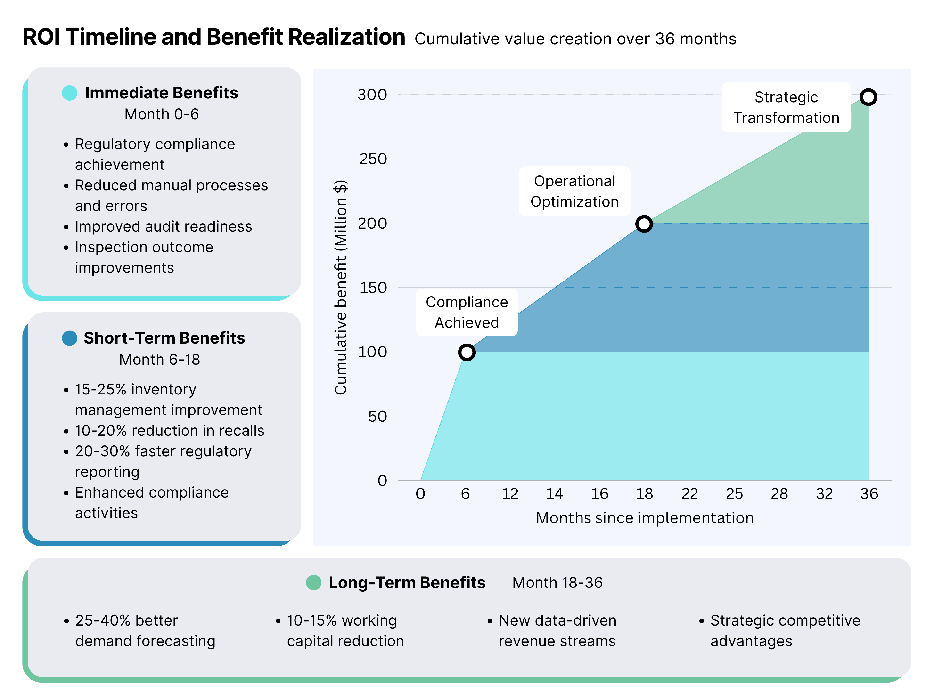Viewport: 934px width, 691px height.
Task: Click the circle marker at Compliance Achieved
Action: click(x=467, y=352)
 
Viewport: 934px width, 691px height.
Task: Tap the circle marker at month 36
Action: click(x=868, y=97)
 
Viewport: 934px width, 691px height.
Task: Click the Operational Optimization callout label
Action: click(x=574, y=191)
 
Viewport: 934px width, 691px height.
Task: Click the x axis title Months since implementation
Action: click(x=644, y=518)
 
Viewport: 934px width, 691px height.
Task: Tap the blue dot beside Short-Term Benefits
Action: click(x=69, y=338)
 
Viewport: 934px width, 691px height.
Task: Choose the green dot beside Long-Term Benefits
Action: click(x=313, y=582)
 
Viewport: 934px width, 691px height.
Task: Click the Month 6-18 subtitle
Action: click(x=159, y=359)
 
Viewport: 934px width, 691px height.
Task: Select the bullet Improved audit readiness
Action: click(x=163, y=226)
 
